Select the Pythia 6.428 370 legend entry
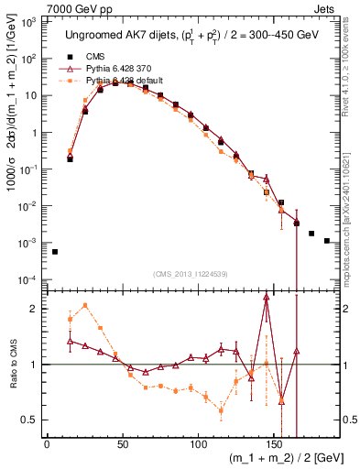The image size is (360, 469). coord(116,69)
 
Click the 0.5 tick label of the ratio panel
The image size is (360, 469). coord(30,420)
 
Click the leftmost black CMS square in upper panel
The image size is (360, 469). coord(55,252)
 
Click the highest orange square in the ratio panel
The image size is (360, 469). coord(85,306)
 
